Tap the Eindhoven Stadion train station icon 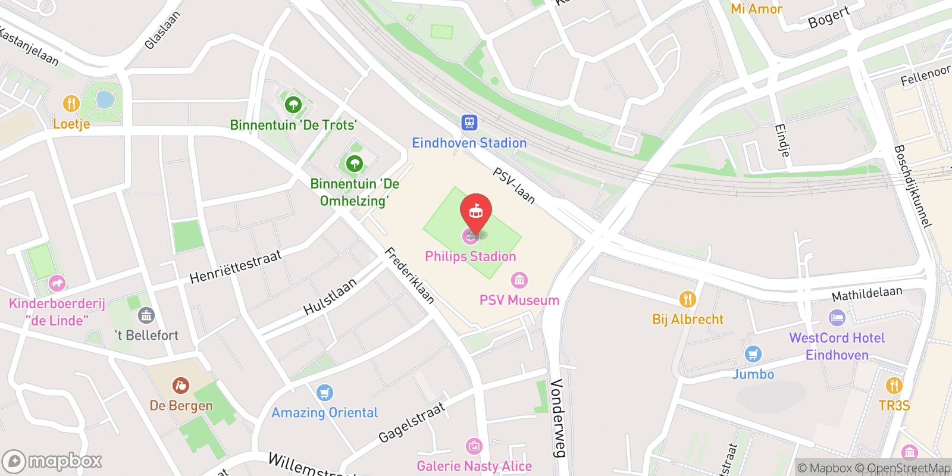tap(469, 123)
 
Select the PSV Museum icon tap(519, 280)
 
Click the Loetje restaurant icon tap(71, 104)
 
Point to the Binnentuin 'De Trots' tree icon tap(293, 105)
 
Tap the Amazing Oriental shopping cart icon tap(324, 393)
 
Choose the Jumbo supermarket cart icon tap(753, 355)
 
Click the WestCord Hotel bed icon tap(837, 318)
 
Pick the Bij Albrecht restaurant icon tap(687, 299)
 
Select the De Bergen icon tap(181, 386)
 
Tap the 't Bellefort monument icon tap(146, 315)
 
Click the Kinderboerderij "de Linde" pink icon tap(57, 283)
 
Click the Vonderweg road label tap(557, 418)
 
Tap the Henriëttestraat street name tap(236, 267)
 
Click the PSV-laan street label tap(514, 186)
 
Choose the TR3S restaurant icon tap(894, 386)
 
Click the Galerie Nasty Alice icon tap(474, 446)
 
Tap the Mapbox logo tap(52, 461)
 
